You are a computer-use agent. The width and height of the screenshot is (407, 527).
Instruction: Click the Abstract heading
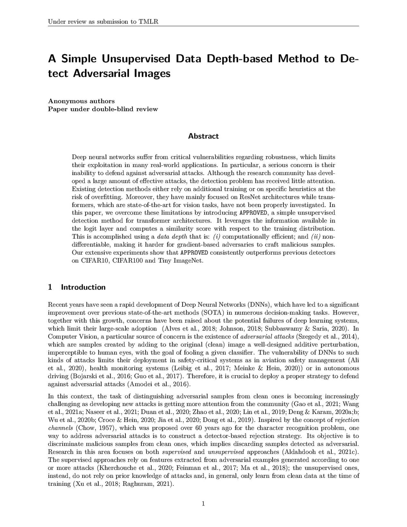tap(203, 136)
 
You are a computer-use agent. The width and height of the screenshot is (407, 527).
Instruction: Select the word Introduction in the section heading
tap(83, 287)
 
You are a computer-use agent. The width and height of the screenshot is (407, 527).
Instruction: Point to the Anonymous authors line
tap(81, 101)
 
